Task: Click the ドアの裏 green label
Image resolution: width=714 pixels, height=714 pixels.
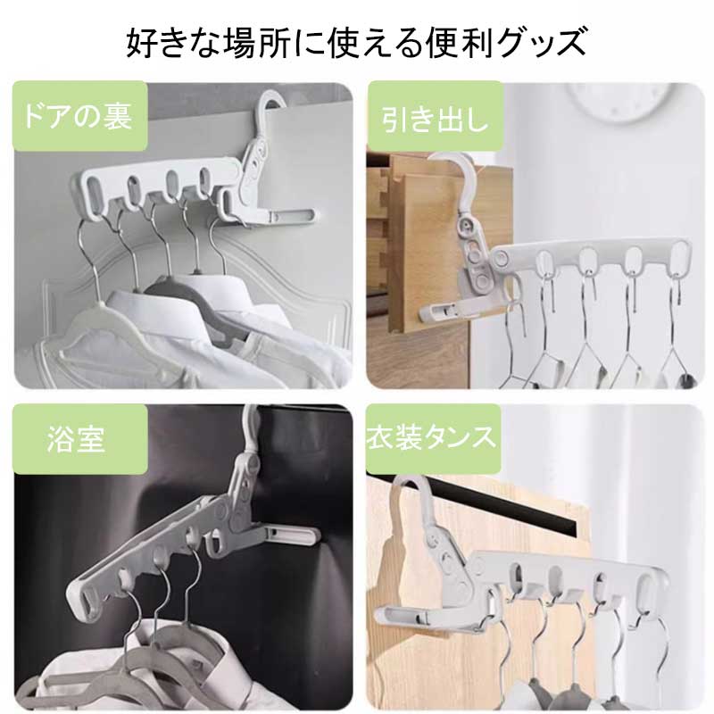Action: pyautogui.click(x=80, y=116)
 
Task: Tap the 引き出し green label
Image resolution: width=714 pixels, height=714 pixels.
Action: pyautogui.click(x=435, y=118)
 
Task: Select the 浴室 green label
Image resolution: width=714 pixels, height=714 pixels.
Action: pyautogui.click(x=80, y=439)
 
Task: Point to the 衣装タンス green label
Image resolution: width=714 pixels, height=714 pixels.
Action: pyautogui.click(x=434, y=438)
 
